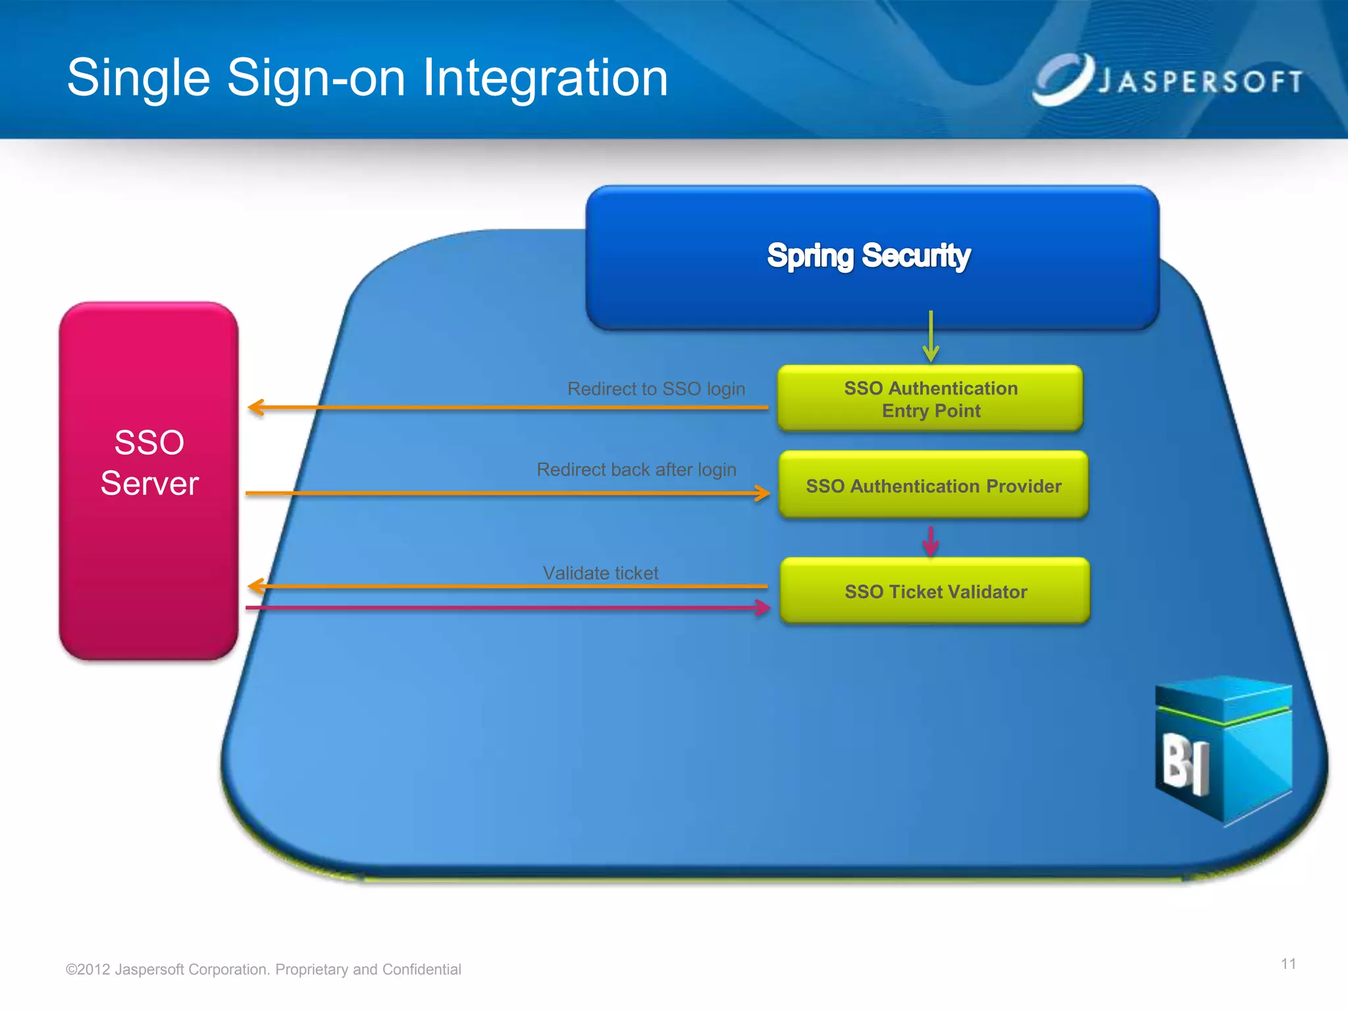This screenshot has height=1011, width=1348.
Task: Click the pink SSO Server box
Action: [149, 480]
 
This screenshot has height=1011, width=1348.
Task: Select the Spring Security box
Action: [871, 257]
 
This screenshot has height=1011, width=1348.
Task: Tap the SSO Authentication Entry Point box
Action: [930, 399]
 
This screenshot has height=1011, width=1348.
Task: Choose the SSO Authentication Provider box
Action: [933, 486]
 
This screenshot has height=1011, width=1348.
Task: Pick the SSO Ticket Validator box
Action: [935, 591]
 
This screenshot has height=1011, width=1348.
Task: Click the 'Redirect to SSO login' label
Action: [656, 389]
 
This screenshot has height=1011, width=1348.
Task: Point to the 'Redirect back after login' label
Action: [636, 469]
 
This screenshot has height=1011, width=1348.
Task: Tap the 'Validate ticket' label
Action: [600, 573]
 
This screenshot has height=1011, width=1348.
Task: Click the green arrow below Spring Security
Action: [931, 336]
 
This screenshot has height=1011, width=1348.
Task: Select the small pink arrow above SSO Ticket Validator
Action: [931, 541]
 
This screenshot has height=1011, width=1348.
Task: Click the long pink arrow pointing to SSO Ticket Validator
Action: [507, 608]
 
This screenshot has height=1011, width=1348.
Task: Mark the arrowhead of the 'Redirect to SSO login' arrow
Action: [256, 407]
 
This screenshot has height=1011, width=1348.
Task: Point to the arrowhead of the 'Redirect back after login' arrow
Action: [762, 493]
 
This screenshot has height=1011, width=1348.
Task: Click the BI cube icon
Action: [1223, 750]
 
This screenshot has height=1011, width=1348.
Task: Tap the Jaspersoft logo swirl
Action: [1061, 79]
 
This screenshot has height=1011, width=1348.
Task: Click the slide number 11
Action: [1288, 964]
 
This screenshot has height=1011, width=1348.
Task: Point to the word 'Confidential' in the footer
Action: [421, 970]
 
